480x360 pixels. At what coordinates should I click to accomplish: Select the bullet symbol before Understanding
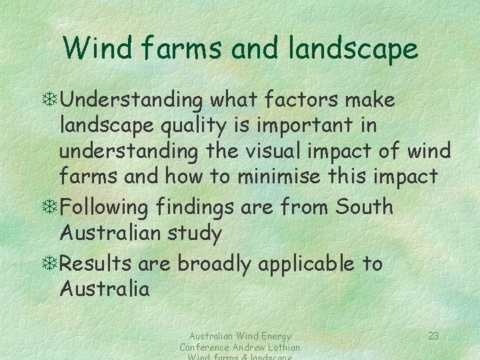(51, 101)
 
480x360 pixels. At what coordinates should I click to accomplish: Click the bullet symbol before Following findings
(51, 207)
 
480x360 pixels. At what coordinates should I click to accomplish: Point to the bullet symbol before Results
(51, 264)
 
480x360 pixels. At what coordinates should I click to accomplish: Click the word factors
(305, 100)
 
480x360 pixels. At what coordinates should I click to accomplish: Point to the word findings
(197, 207)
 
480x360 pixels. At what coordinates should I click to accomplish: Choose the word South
(365, 207)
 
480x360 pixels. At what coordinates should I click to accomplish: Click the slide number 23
(433, 336)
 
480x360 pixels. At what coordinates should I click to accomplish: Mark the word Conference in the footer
(203, 347)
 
